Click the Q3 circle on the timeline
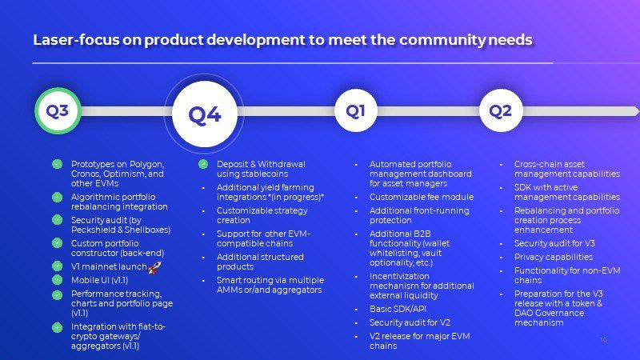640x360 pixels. coord(58,110)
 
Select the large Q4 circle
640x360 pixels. coord(205,114)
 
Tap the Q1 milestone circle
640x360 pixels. coord(355,110)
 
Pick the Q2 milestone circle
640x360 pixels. coord(501,110)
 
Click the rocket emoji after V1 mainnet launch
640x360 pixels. coord(154,267)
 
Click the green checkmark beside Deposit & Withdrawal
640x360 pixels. coord(203,164)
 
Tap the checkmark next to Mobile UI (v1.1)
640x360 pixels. coord(57,280)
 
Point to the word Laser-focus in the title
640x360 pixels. coord(76,40)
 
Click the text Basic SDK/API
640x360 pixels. coord(398,309)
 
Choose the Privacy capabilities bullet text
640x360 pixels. coord(554,257)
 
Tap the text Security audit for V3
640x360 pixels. coord(554,243)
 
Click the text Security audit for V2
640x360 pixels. coord(410,322)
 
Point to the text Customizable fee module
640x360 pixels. coord(422,197)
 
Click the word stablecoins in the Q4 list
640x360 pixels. coord(267,174)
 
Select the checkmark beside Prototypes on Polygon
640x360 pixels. coord(57,164)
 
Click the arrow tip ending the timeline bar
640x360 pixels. coord(638,110)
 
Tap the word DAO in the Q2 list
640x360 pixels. coord(524,313)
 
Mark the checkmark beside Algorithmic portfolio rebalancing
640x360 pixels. coord(57,197)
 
